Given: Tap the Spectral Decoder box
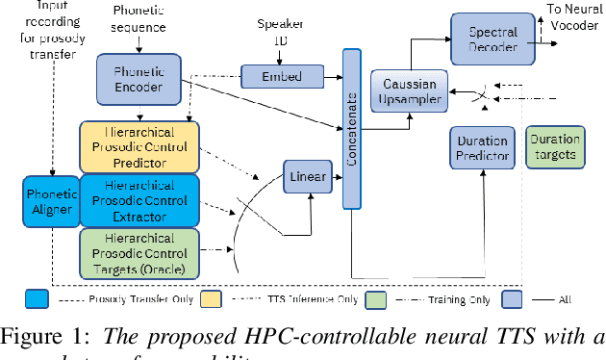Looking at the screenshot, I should pyautogui.click(x=492, y=39).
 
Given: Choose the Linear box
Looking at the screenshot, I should pyautogui.click(x=307, y=177).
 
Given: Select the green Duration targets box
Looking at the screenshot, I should pyautogui.click(x=554, y=147).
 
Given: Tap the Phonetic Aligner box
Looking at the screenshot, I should pyautogui.click(x=50, y=202).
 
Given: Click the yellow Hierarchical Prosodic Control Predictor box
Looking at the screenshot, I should pyautogui.click(x=139, y=146).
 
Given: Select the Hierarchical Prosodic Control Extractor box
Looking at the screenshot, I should pyautogui.click(x=139, y=200).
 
